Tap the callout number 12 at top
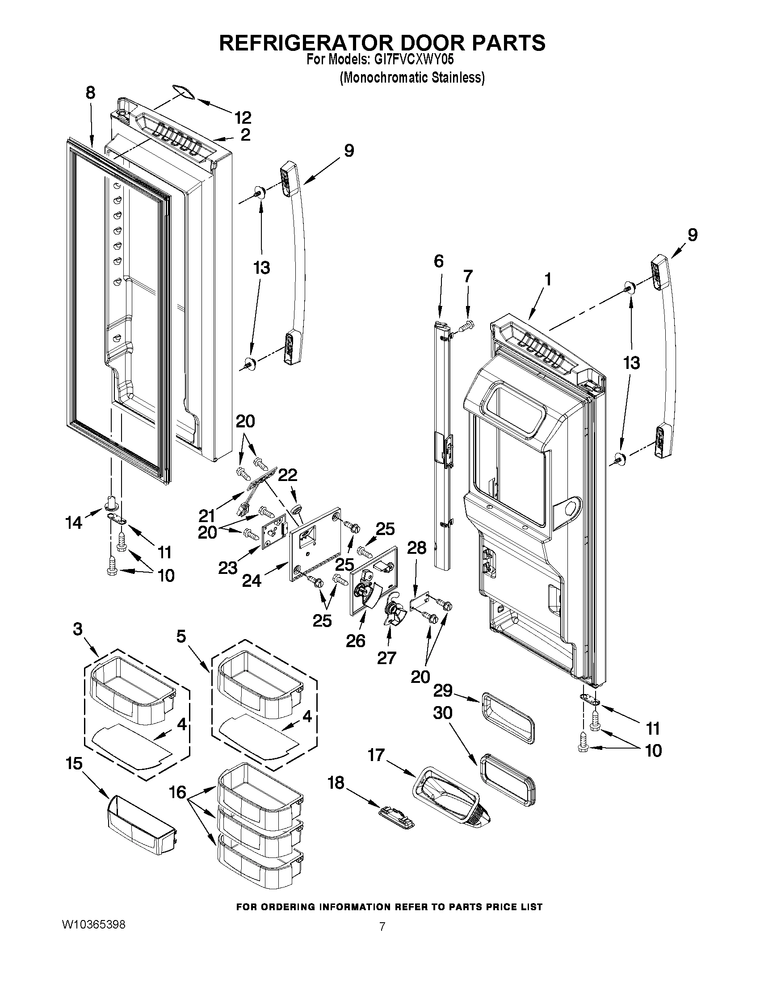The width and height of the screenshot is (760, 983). point(243,118)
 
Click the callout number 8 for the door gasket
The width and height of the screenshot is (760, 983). point(91,93)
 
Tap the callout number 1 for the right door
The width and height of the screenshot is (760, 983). point(547,280)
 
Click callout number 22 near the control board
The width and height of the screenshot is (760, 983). point(287,475)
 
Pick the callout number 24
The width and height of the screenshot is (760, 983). point(252,581)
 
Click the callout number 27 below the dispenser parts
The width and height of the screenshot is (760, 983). point(386,657)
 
